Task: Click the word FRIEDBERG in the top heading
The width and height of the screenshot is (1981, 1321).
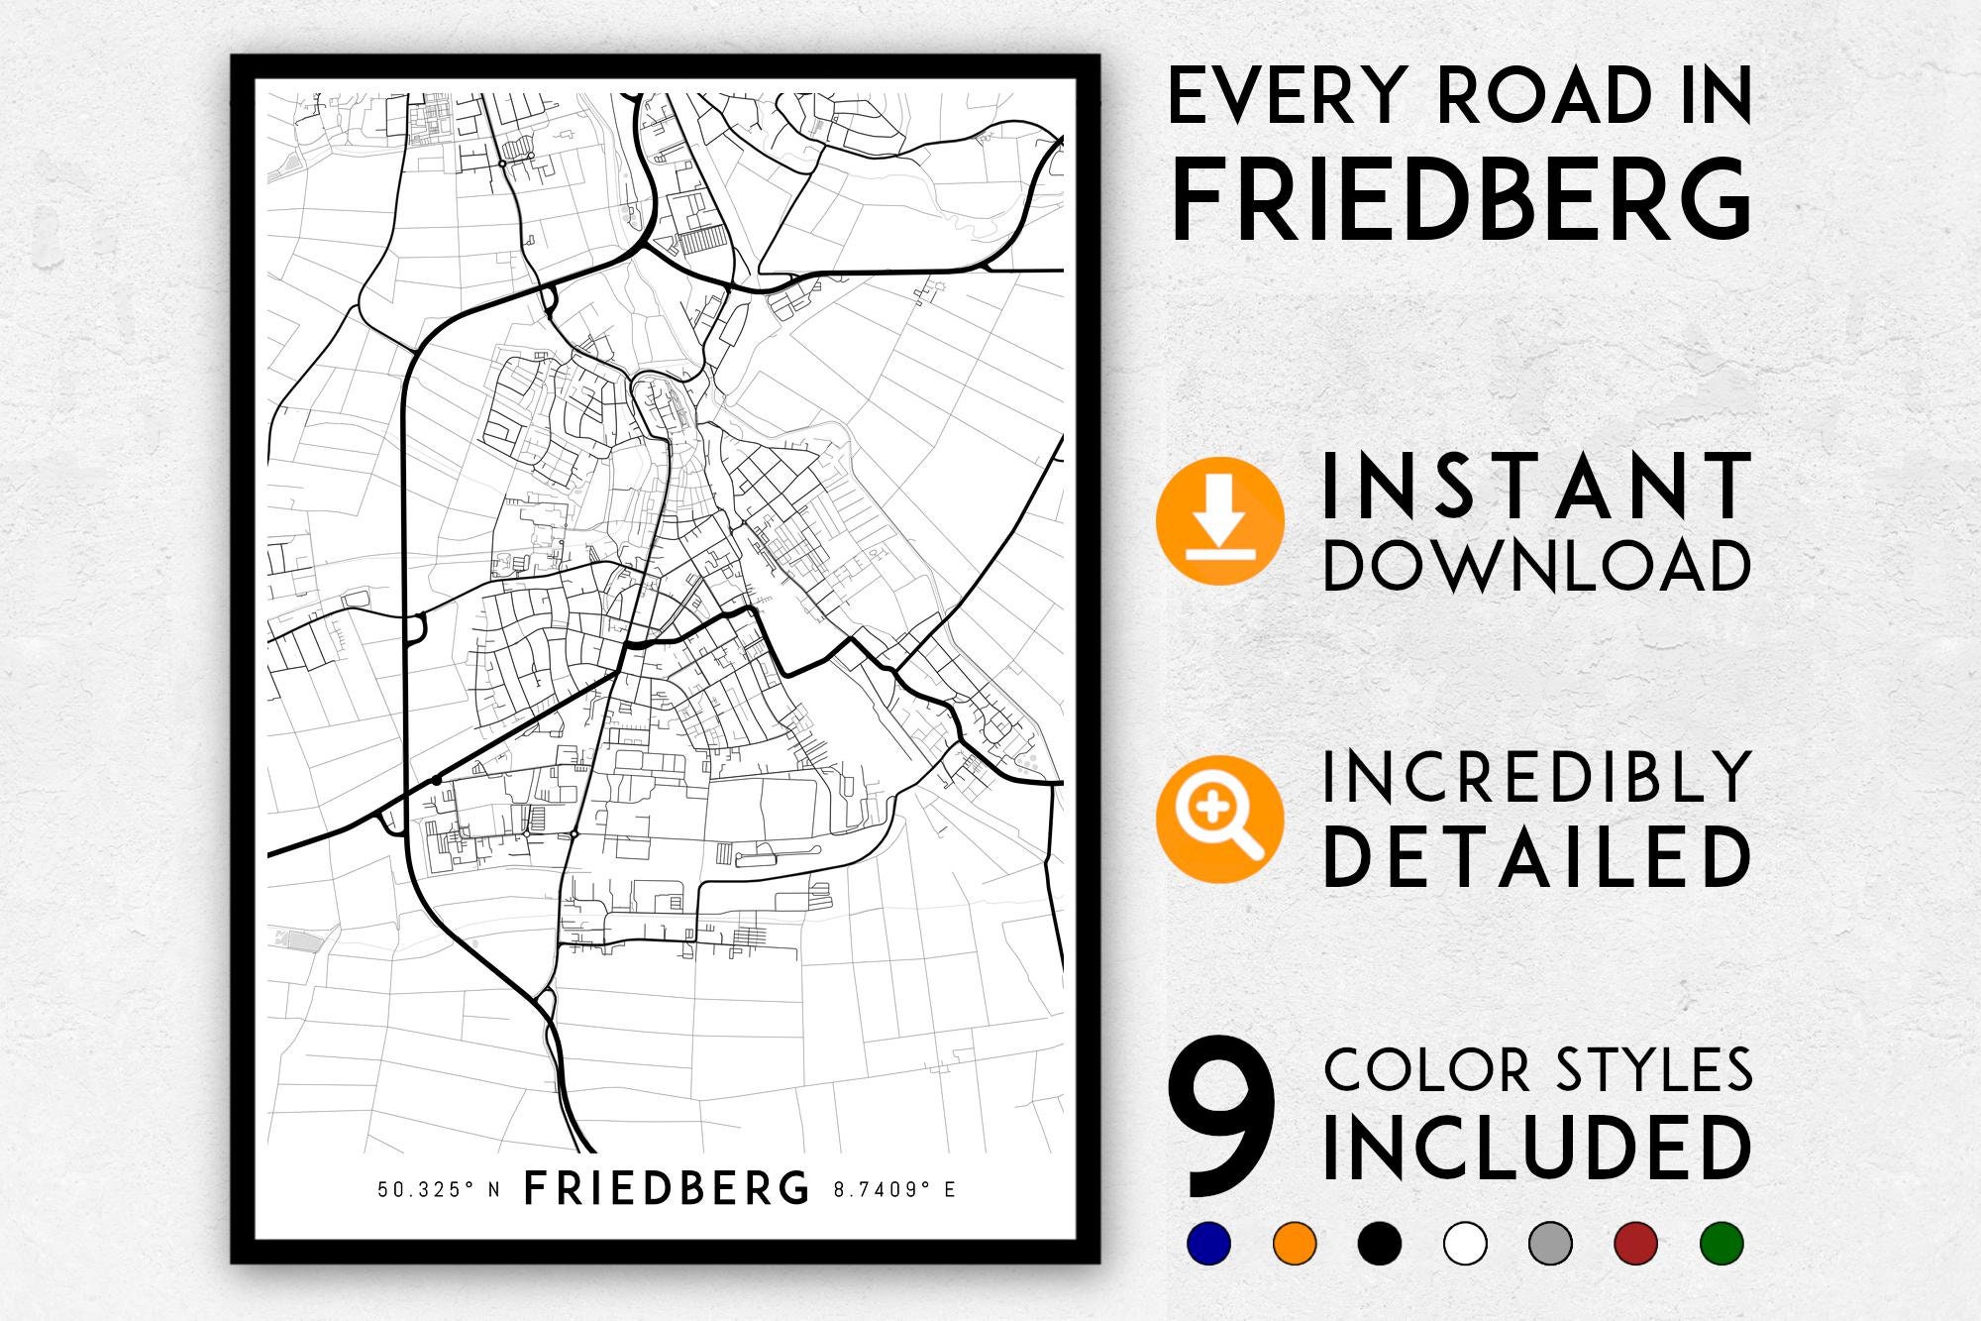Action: click(1461, 202)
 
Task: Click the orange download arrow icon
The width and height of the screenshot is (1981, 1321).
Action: click(1219, 520)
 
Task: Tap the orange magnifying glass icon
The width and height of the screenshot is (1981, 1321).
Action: click(1219, 819)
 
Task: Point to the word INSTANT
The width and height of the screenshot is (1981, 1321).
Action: click(1536, 486)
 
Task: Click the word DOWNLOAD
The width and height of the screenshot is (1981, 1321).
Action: click(1536, 566)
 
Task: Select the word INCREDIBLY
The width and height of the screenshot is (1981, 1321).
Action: click(1536, 777)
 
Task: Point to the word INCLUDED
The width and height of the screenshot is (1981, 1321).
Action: click(1536, 1148)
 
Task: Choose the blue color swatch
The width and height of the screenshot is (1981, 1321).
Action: click(1208, 1243)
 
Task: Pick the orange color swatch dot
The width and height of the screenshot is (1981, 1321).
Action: click(1295, 1243)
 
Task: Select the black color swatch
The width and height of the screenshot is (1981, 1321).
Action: click(1380, 1243)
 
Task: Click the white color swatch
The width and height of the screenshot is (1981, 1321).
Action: click(1465, 1243)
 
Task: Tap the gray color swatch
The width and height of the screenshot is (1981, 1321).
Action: click(1550, 1243)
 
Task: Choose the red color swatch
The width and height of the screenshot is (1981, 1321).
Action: click(1635, 1243)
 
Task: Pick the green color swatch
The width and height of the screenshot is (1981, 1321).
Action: click(1720, 1243)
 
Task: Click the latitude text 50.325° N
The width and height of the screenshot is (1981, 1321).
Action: click(439, 1189)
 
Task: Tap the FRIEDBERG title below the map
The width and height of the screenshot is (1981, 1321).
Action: click(666, 1188)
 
